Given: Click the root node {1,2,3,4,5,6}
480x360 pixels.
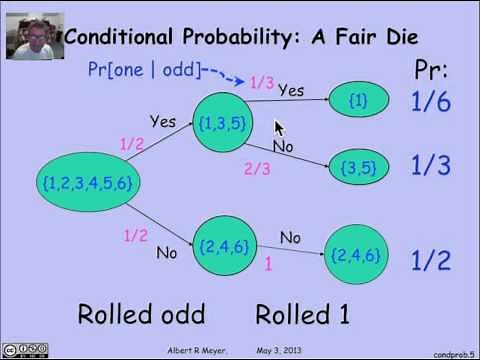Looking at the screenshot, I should pos(88,182).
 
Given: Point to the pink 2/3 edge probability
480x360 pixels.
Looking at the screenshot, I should pos(257,169).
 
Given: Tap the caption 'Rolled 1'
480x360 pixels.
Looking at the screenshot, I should pos(302,314).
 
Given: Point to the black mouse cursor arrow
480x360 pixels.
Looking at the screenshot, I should pos(280,128).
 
